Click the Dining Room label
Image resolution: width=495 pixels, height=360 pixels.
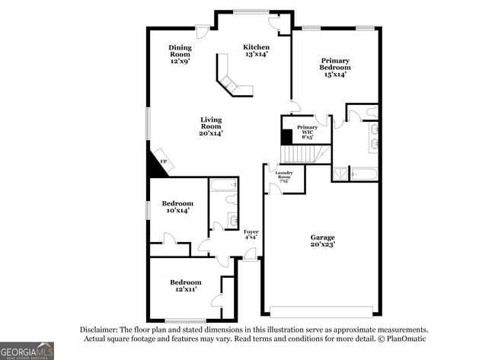pyautogui.click(x=180, y=54)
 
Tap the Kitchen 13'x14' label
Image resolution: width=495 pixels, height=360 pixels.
pyautogui.click(x=256, y=51)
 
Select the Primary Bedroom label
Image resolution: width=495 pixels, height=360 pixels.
pyautogui.click(x=335, y=67)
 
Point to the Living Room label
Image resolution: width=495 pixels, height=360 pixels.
pyautogui.click(x=211, y=126)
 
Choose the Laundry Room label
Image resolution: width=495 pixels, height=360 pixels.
pyautogui.click(x=284, y=177)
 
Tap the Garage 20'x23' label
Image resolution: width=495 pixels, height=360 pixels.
pyautogui.click(x=322, y=241)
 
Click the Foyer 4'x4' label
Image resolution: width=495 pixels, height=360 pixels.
pyautogui.click(x=251, y=234)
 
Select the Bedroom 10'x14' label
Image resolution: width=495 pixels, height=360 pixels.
pyautogui.click(x=177, y=207)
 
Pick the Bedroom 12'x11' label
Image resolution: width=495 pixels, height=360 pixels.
pyautogui.click(x=185, y=285)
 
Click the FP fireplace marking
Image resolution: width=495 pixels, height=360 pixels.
pyautogui.click(x=163, y=161)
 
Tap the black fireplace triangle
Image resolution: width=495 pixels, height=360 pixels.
pyautogui.click(x=156, y=166)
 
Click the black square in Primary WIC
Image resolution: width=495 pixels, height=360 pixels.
pyautogui.click(x=287, y=136)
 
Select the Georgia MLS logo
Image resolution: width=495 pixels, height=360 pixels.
pyautogui.click(x=27, y=349)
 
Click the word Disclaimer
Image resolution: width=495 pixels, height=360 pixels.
pyautogui.click(x=101, y=330)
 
